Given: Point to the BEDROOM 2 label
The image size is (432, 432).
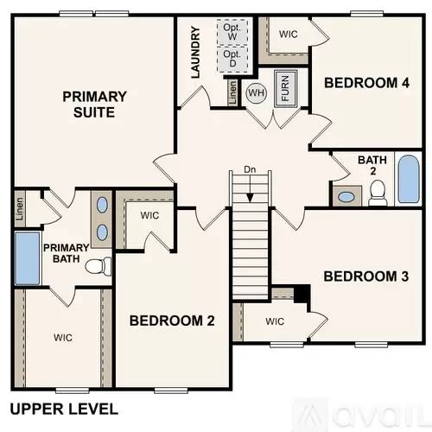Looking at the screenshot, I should (172, 321).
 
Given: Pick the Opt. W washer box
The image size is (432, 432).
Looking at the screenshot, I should (232, 33).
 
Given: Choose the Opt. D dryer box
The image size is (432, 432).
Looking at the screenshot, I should (232, 59).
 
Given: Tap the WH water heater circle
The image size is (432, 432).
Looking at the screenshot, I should (256, 92).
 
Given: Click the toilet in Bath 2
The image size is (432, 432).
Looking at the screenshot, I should (377, 196).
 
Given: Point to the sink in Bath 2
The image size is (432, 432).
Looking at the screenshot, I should (346, 196).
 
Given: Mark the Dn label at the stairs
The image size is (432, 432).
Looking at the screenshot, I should (250, 169).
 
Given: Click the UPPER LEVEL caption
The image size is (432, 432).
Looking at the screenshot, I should (63, 408).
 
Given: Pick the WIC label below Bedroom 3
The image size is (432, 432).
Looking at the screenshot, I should (275, 321).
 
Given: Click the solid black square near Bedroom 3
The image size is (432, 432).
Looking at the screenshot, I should (301, 294).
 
